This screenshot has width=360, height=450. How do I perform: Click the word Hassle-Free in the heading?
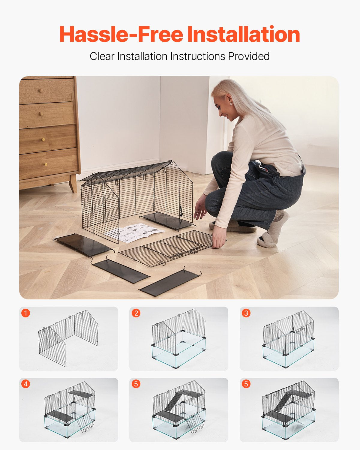tap(121, 34)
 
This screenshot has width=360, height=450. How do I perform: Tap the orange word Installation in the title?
tap(243, 34)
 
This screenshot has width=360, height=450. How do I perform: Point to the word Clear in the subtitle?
tap(102, 56)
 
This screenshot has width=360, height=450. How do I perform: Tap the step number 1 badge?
tap(26, 313)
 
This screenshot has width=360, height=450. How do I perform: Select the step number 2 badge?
tap(136, 313)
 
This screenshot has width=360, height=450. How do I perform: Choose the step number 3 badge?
tap(246, 313)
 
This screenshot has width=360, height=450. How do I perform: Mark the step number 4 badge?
tap(26, 384)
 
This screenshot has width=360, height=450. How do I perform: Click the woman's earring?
tap(231, 103)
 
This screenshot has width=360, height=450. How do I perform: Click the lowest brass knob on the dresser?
tap(46, 164)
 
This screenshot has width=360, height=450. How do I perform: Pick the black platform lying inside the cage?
tap(166, 221)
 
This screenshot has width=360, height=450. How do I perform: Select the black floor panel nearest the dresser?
tap(82, 244)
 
